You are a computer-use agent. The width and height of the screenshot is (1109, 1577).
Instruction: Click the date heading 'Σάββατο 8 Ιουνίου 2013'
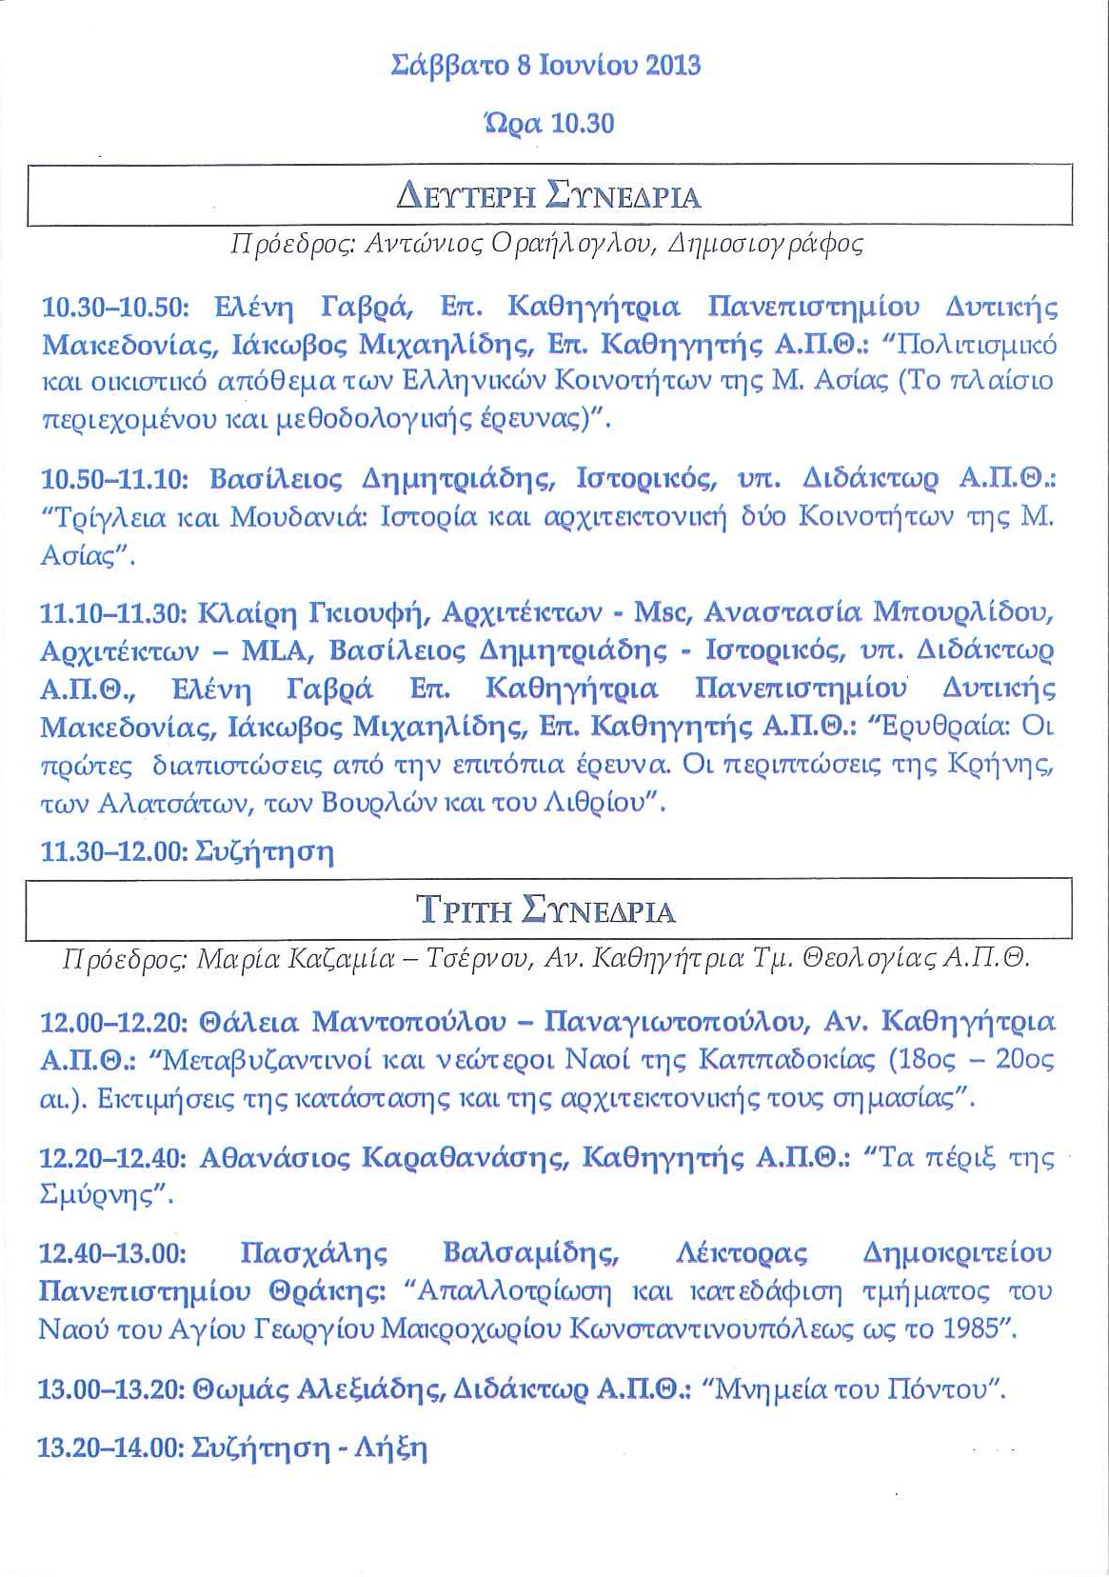[546, 66]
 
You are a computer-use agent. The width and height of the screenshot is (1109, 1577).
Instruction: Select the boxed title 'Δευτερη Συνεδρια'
[548, 197]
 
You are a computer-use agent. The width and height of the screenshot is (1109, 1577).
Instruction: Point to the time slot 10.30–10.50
[116, 308]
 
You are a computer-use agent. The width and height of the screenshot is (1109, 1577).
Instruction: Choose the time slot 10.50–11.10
[115, 479]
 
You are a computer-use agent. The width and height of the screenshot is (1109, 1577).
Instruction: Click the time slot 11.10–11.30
[114, 613]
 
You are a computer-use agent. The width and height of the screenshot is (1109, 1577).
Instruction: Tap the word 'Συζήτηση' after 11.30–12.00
[264, 851]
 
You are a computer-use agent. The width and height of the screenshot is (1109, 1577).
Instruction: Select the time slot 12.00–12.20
[114, 1023]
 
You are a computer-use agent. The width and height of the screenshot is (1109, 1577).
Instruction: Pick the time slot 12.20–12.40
[114, 1158]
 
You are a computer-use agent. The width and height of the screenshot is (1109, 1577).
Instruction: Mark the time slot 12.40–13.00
[112, 1253]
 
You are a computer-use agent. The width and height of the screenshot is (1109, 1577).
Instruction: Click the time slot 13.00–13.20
[110, 1389]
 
